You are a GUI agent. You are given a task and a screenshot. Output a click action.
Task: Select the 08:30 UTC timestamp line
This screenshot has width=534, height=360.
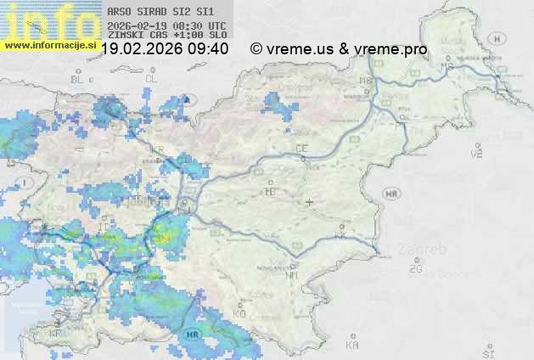coord(166,25)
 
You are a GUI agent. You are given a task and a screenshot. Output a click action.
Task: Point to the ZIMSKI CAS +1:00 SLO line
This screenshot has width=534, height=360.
coord(166,35)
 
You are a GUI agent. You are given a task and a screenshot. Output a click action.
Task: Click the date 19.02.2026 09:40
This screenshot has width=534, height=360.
coord(165,49)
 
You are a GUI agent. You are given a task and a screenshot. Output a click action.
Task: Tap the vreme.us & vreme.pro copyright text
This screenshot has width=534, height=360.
coord(339,49)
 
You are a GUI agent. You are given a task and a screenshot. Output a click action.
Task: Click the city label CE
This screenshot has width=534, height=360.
coord(301,149)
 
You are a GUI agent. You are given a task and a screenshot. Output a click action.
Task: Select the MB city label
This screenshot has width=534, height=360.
coord(366,82)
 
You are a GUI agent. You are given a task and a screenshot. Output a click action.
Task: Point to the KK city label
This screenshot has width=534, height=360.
coord(341,237)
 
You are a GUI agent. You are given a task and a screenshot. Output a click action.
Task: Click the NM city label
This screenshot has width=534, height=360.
coord(292,275)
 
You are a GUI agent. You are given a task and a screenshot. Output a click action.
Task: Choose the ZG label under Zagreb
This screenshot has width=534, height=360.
coord(415,270)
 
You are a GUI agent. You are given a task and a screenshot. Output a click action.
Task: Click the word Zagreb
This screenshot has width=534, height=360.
coord(426,250)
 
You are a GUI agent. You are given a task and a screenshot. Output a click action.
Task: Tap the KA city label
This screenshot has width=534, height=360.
coord(351,346)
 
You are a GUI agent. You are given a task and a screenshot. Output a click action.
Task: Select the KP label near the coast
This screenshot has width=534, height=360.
coord(56,334)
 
